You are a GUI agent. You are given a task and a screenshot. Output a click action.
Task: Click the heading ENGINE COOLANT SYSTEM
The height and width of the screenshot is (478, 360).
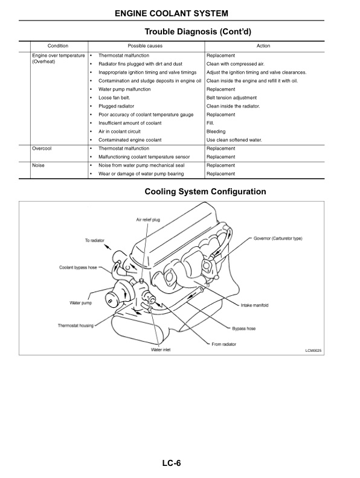pos(179,13)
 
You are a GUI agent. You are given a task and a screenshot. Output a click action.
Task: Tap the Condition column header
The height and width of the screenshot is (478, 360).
pos(58,46)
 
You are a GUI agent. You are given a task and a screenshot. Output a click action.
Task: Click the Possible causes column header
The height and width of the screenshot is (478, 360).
pos(145,46)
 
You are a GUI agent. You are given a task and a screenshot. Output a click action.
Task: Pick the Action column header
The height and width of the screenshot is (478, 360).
pos(263,46)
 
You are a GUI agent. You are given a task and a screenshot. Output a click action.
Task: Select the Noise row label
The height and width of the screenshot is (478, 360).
pos(38,165)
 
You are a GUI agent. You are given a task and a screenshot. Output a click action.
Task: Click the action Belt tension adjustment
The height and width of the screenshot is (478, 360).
pos(231,97)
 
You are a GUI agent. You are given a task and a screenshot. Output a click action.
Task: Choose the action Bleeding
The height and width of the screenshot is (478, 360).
pos(216,131)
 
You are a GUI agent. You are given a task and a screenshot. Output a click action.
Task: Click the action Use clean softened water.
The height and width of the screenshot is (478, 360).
pos(234,139)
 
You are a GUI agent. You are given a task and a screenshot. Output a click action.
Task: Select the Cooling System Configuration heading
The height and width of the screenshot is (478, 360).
pos(205,192)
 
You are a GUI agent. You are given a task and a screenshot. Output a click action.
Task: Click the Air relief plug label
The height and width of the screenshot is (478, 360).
pos(148,220)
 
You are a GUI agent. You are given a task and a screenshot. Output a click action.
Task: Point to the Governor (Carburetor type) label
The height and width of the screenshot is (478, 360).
pos(278,238)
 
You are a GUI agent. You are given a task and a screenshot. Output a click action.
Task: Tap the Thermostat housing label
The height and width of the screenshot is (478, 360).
pos(76,325)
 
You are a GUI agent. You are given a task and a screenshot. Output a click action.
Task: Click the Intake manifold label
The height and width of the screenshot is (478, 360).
pos(255,305)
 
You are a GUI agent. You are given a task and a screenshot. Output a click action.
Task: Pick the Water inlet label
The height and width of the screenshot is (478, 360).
pos(160,349)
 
